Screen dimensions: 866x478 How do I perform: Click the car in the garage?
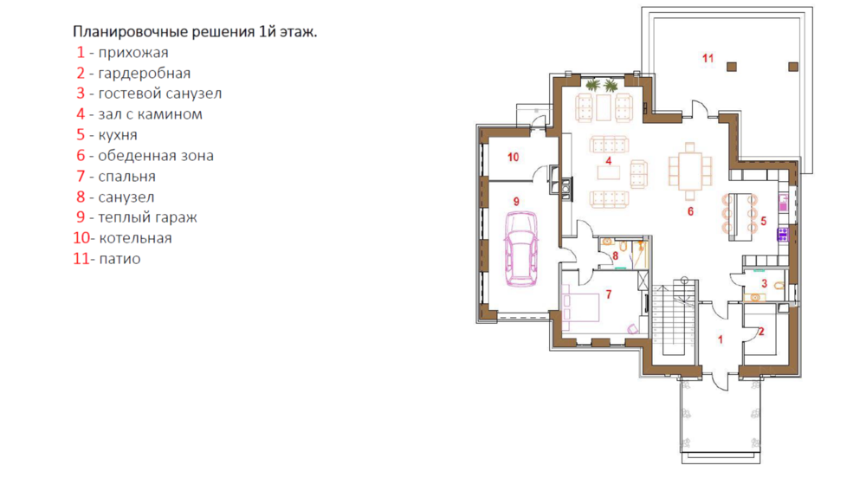click(x=521, y=249)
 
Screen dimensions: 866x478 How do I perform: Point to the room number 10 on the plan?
click(x=513, y=158)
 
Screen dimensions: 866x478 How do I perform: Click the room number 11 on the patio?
click(x=708, y=58)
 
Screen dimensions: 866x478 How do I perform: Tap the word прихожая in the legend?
click(x=133, y=53)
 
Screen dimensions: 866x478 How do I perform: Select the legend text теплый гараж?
click(x=147, y=217)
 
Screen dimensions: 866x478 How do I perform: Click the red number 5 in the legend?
click(x=81, y=135)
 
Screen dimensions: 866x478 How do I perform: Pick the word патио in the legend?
click(x=120, y=259)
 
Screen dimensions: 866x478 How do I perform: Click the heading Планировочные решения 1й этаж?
click(x=195, y=32)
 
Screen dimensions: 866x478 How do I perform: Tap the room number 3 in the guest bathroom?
click(x=765, y=284)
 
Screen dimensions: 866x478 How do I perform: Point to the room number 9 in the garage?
click(x=516, y=202)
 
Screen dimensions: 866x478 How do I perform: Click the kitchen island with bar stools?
click(x=739, y=216)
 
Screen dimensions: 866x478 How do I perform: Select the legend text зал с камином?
click(x=150, y=114)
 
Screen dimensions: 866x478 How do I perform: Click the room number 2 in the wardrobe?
click(x=761, y=332)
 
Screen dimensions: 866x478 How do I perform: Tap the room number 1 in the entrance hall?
click(x=721, y=340)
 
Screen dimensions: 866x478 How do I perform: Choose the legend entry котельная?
click(x=135, y=238)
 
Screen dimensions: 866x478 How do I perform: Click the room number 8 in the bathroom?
click(x=615, y=256)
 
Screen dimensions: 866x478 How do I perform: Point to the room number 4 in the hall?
click(x=609, y=161)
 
